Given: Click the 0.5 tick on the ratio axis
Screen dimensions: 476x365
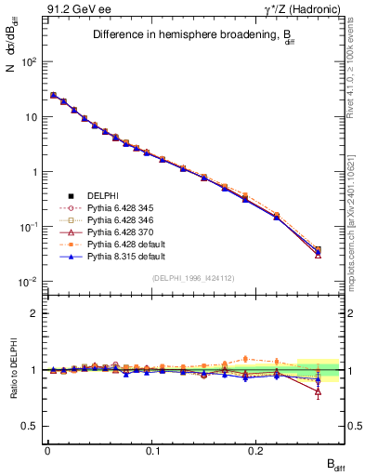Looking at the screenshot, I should coord(33,426).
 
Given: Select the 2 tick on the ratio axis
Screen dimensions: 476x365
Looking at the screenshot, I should coord(36,313).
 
